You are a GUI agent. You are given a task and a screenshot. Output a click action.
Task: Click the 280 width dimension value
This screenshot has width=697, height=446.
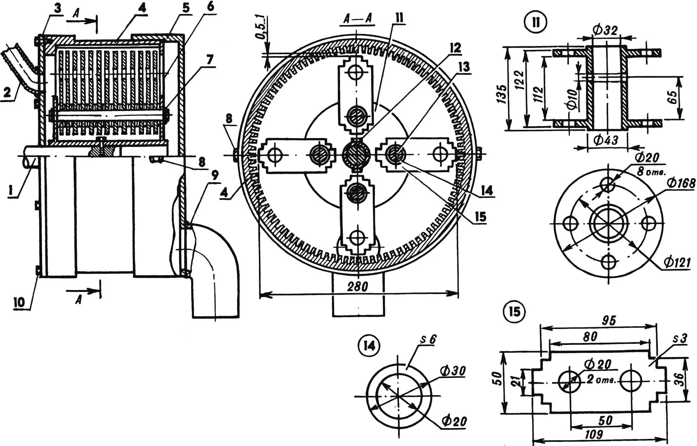[x=357, y=286]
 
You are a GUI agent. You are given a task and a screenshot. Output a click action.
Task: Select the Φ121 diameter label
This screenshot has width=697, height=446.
[x=677, y=262]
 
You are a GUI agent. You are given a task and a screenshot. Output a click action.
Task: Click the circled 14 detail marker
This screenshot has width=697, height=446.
[x=369, y=346]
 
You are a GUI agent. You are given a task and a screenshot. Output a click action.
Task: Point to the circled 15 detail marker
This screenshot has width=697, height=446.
[x=514, y=312]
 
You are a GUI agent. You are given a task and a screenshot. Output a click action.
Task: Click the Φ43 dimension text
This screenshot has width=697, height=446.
[x=605, y=140]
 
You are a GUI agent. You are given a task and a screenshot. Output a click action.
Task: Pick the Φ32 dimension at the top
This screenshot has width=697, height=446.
[x=605, y=30]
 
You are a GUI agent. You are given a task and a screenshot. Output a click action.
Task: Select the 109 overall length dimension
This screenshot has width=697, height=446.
[x=594, y=434]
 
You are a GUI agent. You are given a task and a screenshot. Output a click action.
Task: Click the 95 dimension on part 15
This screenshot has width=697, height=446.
[x=608, y=320]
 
